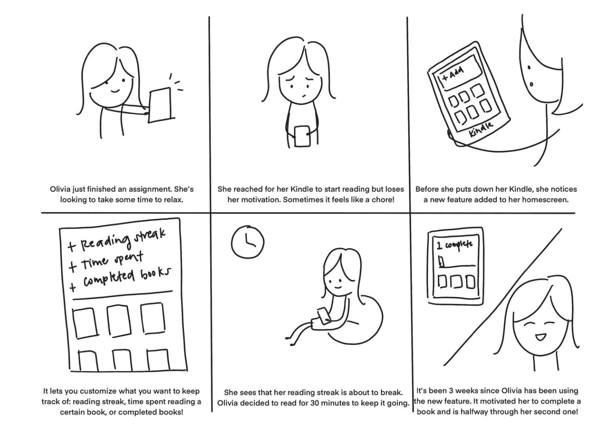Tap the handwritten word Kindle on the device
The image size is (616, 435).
coord(480,129)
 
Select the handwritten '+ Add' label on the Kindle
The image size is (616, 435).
coord(452,73)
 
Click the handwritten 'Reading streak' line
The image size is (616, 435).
coord(117,240)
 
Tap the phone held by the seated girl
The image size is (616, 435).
coord(324,316)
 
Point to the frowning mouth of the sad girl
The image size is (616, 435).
coord(304,96)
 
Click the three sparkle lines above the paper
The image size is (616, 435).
coord(176,82)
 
